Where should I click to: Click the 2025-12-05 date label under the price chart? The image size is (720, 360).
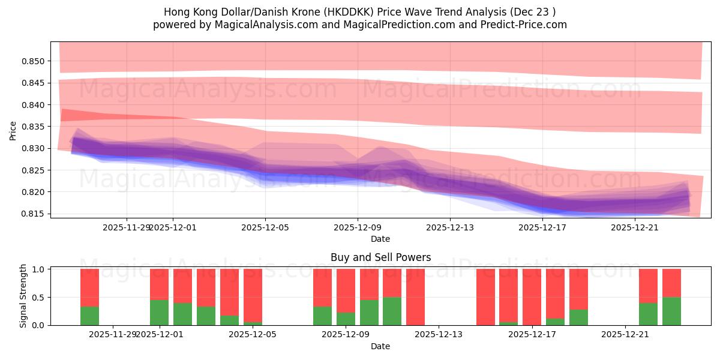(265, 227)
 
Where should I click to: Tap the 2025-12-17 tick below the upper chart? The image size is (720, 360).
(542, 227)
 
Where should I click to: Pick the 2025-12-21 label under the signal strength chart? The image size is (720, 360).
(625, 334)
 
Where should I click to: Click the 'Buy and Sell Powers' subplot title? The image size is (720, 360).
(380, 257)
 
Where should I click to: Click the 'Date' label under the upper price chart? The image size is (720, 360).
(380, 239)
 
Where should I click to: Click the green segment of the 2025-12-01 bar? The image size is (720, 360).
(159, 313)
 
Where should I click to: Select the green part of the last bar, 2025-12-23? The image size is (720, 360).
(671, 311)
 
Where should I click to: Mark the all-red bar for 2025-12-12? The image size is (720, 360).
(415, 297)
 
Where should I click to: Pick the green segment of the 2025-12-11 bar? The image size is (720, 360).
(392, 311)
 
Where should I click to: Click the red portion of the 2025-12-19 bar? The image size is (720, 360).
(578, 289)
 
